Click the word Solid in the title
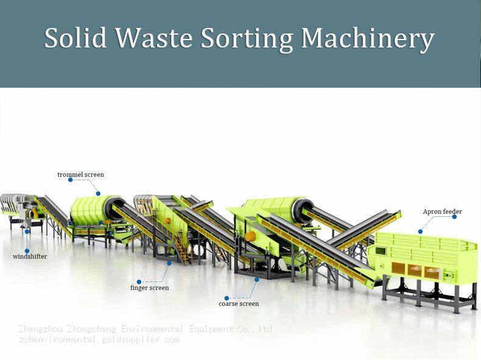tap(77, 38)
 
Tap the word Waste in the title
tap(155, 38)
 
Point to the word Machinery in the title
tap(368, 38)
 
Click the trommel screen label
tap(80, 175)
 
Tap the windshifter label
tap(30, 256)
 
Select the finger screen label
tap(149, 288)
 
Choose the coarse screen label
tap(239, 303)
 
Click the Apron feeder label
tap(443, 212)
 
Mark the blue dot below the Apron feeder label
tap(421, 231)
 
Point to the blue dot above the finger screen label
tap(169, 263)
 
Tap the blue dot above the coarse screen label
tap(258, 280)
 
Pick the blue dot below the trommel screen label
tap(98, 194)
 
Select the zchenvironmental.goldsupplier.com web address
tap(99, 339)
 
